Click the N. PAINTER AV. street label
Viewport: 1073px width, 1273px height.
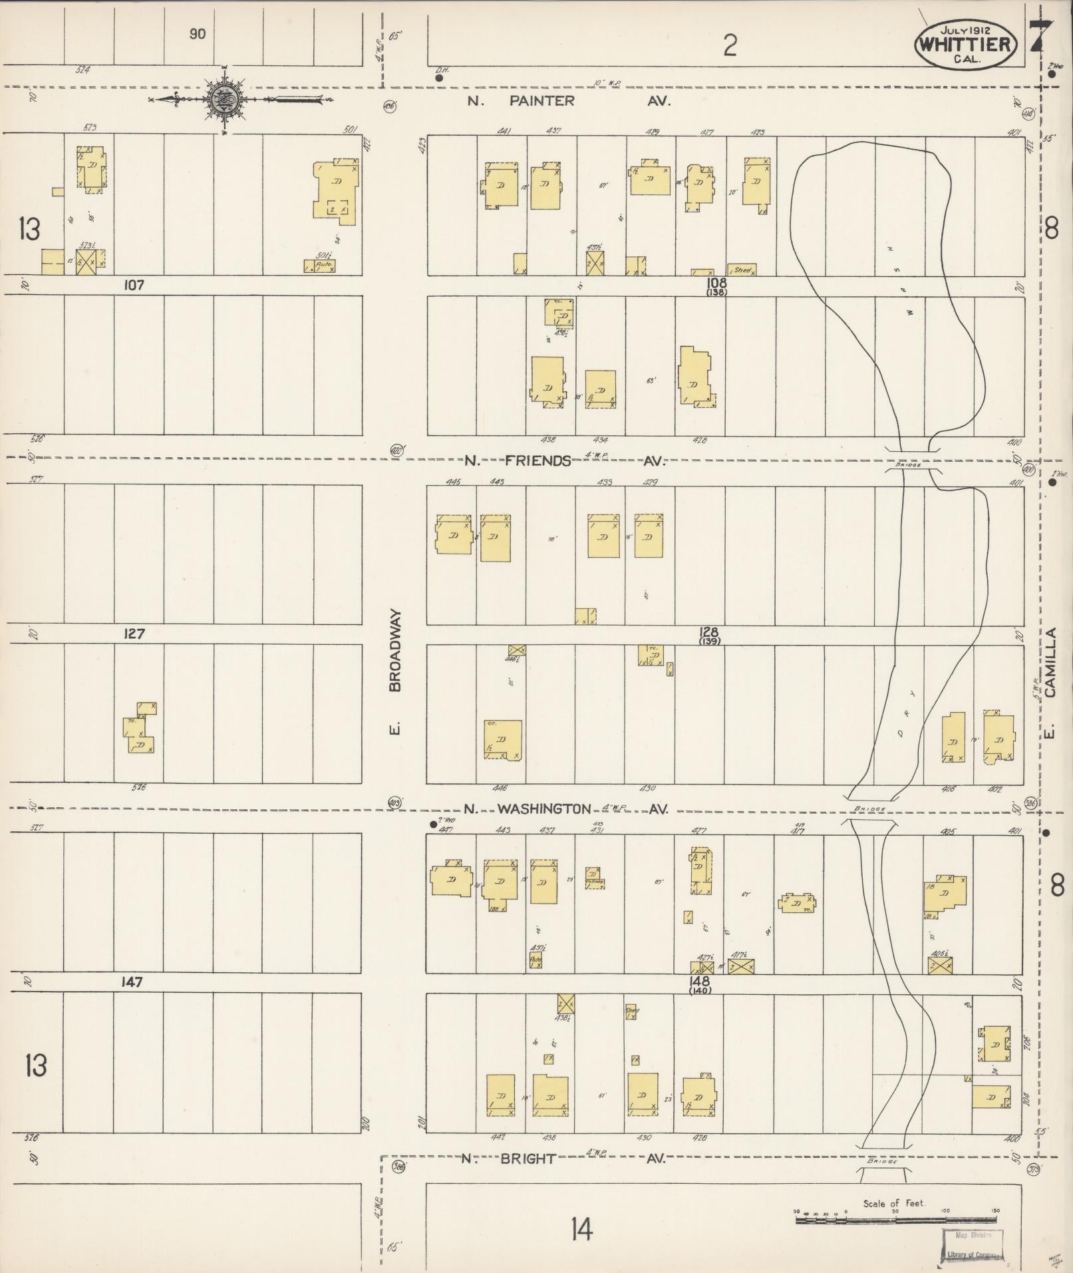(568, 101)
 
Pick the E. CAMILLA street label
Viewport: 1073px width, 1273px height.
(1050, 683)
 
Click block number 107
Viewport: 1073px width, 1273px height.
(134, 285)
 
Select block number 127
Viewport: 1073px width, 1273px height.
(134, 634)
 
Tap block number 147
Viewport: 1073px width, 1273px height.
(132, 982)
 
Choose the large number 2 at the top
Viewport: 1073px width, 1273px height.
(730, 45)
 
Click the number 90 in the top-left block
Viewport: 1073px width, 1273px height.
(197, 34)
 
